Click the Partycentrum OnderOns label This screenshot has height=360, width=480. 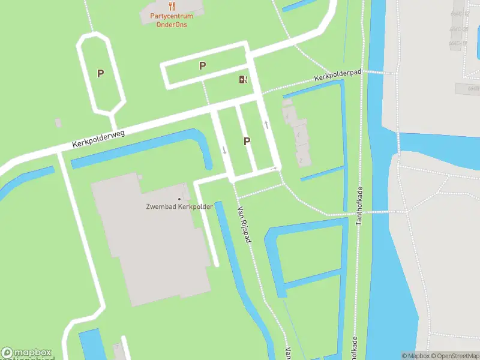[x=171, y=20]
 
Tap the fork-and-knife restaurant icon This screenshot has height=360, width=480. [x=172, y=7]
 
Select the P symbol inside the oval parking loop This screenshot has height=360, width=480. [x=101, y=74]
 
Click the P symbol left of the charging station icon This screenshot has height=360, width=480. [x=203, y=66]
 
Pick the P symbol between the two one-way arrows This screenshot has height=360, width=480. [x=246, y=141]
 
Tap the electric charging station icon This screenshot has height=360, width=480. [x=243, y=80]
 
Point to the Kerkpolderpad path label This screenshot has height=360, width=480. [x=338, y=76]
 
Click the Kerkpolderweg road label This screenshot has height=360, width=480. [x=98, y=139]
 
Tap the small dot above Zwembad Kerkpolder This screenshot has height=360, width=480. [x=179, y=199]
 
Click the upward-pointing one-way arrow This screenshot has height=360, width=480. [x=266, y=125]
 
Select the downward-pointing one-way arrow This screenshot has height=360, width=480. [x=225, y=150]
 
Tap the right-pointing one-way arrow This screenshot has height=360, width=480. [x=273, y=169]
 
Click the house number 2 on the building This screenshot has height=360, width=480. [x=301, y=160]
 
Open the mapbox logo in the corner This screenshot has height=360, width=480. [x=26, y=353]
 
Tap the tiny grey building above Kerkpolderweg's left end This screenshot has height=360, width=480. [x=58, y=123]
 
